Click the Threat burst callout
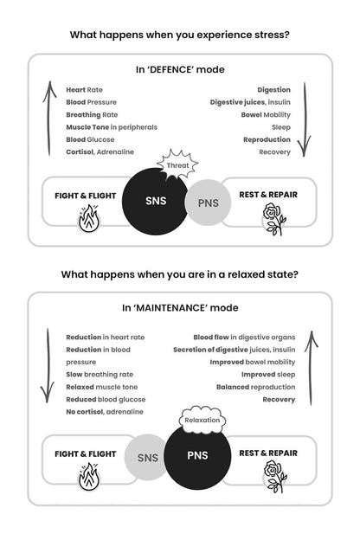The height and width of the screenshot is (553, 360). coord(177,164)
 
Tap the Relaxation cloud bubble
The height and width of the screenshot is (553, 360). coord(202,420)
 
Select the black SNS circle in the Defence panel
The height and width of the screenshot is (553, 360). coord(155,201)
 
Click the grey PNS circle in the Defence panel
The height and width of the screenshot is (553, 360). coord(209,203)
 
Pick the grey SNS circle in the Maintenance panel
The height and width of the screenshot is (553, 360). coord(146,457)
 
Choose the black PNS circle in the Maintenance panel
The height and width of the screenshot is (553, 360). coord(197,456)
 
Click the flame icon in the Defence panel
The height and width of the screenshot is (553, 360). coord(89,219)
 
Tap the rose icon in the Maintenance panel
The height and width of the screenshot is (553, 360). coord(274,477)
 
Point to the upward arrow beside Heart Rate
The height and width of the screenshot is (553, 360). coord(49,119)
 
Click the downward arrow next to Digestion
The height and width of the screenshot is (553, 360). coord(305,119)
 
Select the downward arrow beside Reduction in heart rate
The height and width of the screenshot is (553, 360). coord(48,365)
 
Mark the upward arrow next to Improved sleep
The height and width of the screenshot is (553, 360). coord(311,368)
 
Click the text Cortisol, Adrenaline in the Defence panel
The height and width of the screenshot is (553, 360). coord(100,152)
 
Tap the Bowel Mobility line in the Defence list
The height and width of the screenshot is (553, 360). coord(266,115)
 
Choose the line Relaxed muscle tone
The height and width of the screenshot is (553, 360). coord(102,387)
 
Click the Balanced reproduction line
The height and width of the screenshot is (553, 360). coord(255,387)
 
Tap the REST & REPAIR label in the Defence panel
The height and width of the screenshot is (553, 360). coord(268,195)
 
